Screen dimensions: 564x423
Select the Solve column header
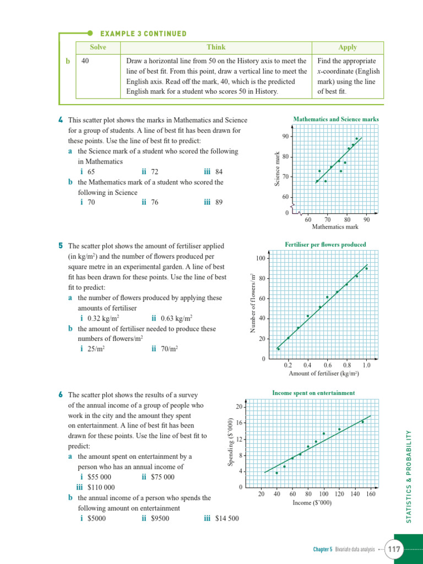(98, 47)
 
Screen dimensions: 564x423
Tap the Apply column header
(348, 47)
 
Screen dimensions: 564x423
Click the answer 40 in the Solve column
(85, 61)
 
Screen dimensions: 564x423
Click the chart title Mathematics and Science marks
(336, 119)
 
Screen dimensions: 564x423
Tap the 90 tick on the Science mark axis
(285, 137)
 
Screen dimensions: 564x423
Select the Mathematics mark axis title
(335, 226)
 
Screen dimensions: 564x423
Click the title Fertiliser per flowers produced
(325, 245)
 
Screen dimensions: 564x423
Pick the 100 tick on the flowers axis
(261, 258)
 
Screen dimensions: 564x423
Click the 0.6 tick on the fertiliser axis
(327, 365)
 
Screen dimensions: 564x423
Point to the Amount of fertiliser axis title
(324, 373)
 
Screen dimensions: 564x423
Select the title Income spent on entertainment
(313, 393)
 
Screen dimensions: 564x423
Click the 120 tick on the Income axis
(339, 494)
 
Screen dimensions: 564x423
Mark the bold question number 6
(60, 395)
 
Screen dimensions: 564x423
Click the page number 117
(394, 549)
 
